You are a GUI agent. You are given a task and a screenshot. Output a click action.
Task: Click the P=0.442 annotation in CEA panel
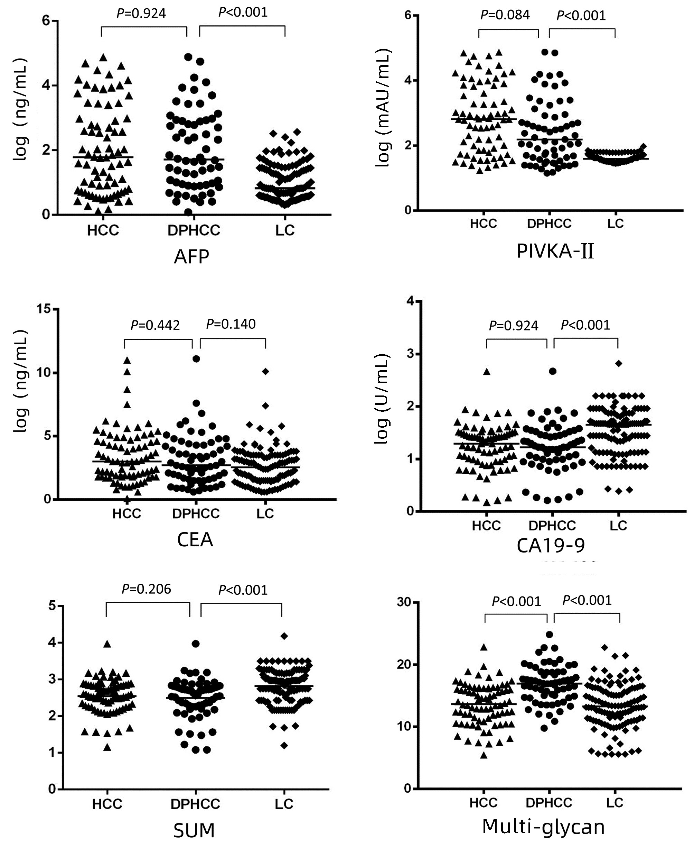click(155, 325)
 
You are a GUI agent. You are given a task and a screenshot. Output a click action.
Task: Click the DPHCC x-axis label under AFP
click(194, 230)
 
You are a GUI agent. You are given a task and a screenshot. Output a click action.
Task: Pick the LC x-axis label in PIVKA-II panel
click(616, 223)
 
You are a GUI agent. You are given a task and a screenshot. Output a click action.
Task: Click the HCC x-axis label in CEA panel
click(127, 513)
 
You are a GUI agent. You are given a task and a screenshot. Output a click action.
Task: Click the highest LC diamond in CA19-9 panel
click(618, 363)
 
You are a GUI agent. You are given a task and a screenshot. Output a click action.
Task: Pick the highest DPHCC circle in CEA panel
click(196, 359)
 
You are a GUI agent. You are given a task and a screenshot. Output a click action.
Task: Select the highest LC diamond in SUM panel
click(284, 636)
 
